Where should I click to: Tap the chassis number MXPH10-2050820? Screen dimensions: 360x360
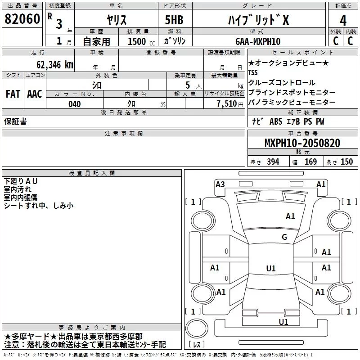click(x=302, y=143)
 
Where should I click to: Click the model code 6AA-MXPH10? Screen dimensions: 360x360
click(x=258, y=41)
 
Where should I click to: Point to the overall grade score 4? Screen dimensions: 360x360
click(x=343, y=20)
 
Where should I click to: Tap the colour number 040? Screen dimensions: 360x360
click(x=75, y=104)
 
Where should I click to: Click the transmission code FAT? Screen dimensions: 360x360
click(x=13, y=94)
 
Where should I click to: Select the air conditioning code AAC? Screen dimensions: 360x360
click(x=34, y=94)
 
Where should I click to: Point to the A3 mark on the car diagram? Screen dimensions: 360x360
click(x=220, y=184)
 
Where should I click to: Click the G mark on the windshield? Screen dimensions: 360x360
click(x=284, y=237)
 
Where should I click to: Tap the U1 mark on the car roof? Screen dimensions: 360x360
click(x=271, y=269)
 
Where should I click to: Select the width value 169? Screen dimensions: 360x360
click(x=310, y=162)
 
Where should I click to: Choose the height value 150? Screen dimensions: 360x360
click(x=346, y=162)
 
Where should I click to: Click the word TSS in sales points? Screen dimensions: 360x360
click(x=253, y=72)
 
